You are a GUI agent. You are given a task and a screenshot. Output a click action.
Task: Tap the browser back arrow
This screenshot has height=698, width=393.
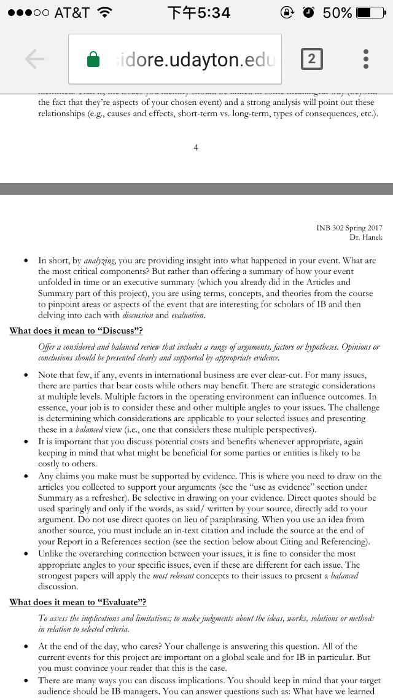click(x=35, y=59)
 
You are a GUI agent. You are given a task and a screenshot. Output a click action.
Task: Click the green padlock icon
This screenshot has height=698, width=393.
click(x=93, y=59)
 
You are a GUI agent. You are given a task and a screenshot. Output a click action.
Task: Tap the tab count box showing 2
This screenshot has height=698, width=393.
click(x=311, y=59)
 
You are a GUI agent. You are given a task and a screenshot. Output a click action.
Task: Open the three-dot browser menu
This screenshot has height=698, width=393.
click(x=366, y=59)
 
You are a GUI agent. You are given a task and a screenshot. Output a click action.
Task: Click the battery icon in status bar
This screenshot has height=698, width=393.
click(x=372, y=12)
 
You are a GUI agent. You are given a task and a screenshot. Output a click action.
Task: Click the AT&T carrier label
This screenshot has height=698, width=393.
click(x=72, y=12)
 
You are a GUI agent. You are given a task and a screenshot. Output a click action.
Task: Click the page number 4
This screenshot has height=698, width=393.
click(x=195, y=147)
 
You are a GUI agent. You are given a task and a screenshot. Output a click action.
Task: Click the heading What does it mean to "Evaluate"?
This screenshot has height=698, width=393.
click(x=78, y=602)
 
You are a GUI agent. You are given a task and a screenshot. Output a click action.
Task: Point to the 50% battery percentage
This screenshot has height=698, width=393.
click(x=337, y=12)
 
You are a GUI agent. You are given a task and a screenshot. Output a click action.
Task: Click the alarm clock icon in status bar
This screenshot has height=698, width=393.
click(x=308, y=12)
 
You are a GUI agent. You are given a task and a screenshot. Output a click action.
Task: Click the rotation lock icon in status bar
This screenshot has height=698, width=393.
click(x=287, y=12)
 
